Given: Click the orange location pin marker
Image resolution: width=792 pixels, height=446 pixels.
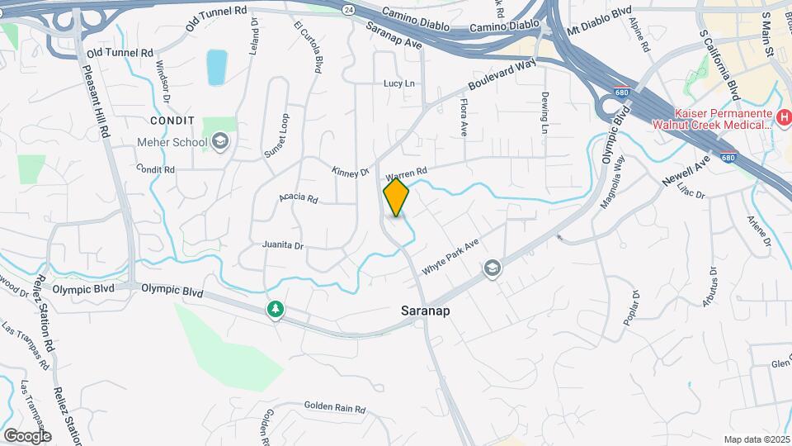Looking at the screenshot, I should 396,198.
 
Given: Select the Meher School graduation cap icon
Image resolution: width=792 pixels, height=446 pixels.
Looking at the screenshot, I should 220,142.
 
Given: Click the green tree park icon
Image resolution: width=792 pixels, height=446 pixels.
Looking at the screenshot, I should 275,310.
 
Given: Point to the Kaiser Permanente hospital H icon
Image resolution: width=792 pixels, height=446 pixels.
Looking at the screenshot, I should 784,121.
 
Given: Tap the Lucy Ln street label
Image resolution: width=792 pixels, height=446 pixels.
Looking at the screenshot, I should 398,83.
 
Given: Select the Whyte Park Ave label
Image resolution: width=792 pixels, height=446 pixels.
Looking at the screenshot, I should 450,258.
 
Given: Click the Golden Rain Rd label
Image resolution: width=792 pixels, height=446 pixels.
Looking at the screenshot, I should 334,406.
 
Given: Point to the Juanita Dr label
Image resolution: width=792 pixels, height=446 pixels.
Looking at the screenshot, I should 283,245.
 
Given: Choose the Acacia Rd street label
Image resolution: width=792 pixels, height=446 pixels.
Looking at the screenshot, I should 298,198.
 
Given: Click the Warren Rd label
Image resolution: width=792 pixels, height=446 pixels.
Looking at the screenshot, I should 406,175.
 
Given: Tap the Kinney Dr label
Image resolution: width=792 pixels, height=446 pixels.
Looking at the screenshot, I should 350,173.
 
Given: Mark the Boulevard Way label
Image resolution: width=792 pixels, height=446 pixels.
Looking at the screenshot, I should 502,75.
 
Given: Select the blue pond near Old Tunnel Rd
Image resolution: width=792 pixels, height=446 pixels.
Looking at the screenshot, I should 216,68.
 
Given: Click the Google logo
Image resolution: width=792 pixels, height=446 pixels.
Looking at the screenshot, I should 26,435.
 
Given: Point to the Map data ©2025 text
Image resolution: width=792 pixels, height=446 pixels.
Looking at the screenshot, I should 756,439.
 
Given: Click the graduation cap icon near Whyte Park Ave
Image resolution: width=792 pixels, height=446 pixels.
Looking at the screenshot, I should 492,268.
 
